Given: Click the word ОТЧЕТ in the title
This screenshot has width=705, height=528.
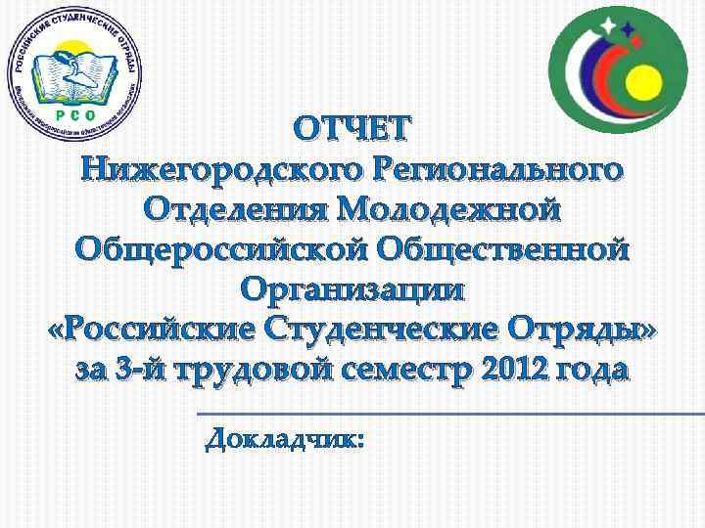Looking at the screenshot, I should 352,128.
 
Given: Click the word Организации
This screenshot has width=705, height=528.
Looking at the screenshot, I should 352,290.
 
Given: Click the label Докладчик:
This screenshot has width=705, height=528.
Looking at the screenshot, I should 285,441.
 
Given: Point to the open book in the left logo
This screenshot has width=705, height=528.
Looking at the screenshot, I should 74,76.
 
